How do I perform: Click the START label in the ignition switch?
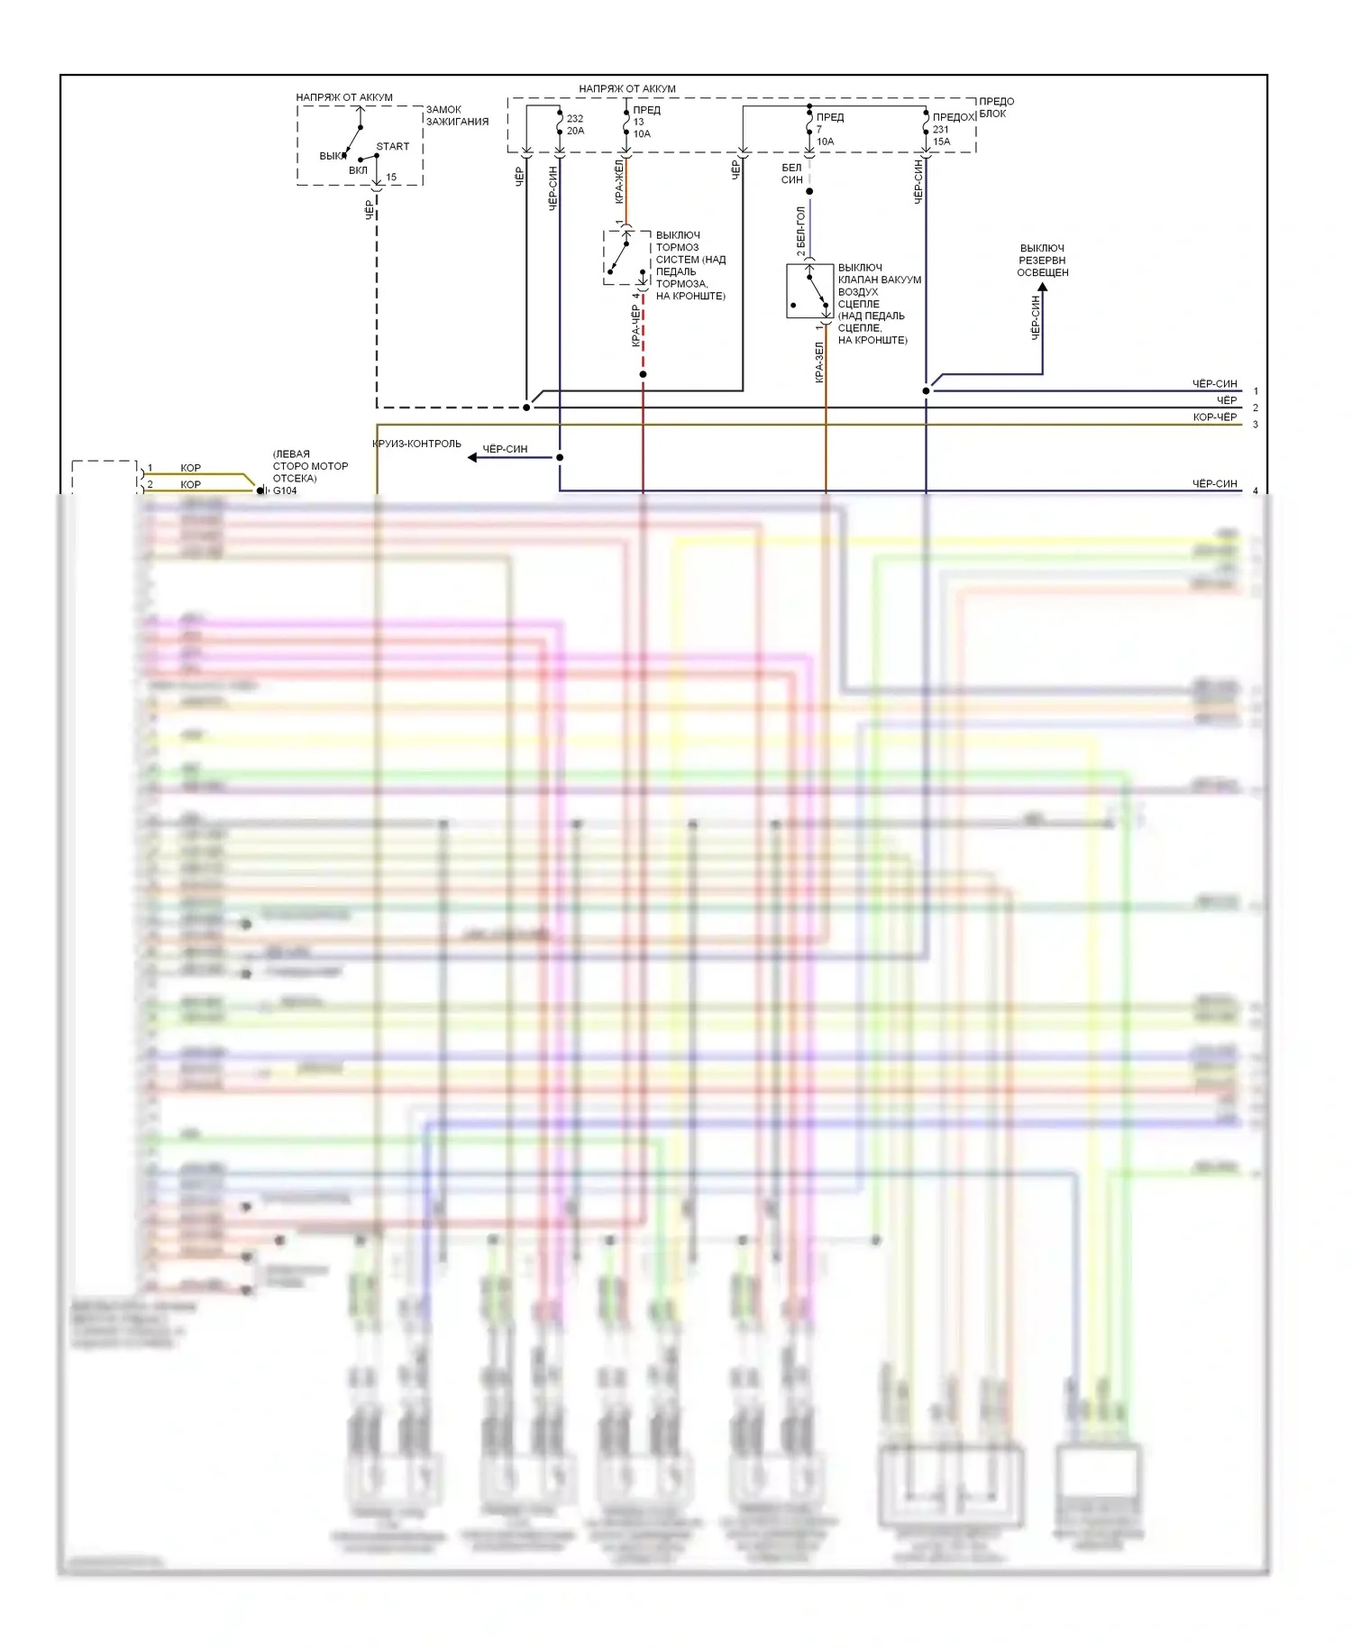[x=392, y=146]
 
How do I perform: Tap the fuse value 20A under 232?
[x=575, y=131]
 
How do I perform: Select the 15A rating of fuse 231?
[x=941, y=142]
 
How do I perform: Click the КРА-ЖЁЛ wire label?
[x=619, y=181]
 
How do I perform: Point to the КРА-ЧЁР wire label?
[x=635, y=325]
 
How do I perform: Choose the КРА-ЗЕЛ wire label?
[x=819, y=362]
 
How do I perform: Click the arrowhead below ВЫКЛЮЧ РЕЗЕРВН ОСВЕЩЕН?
[x=1042, y=288]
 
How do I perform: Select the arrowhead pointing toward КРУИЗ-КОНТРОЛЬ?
[x=472, y=457]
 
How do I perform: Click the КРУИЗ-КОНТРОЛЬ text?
[x=416, y=444]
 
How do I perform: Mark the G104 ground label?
[x=285, y=490]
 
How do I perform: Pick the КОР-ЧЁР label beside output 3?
[x=1214, y=417]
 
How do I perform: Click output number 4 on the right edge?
[x=1256, y=491]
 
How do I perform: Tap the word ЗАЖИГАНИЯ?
[x=457, y=122]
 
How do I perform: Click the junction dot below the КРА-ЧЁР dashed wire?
[x=643, y=374]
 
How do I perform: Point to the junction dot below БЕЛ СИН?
[x=809, y=191]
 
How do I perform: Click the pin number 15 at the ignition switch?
[x=391, y=178]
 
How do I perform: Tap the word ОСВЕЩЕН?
[x=1043, y=272]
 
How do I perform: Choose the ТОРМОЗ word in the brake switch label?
[x=677, y=247]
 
